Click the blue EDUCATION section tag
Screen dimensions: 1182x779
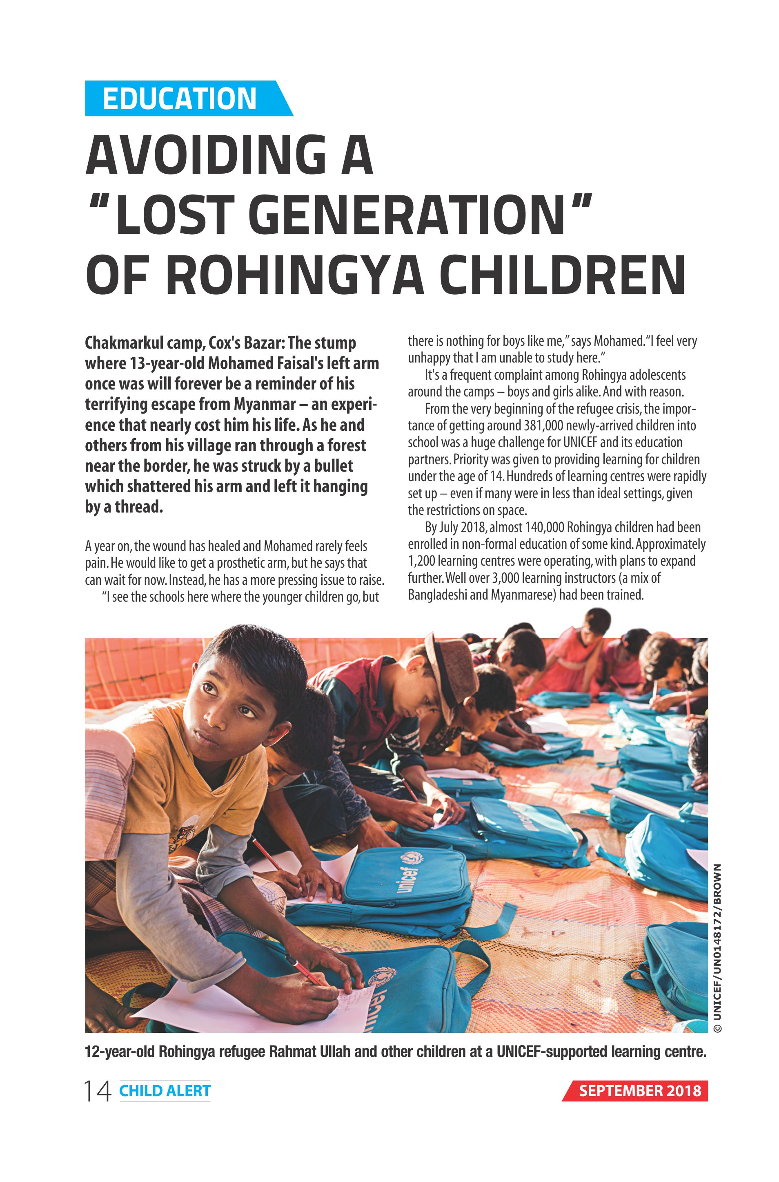(179, 98)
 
